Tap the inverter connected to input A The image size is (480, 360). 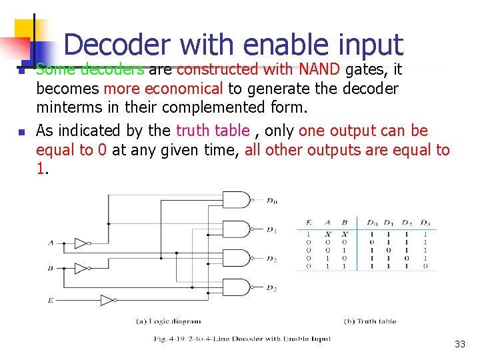(81, 243)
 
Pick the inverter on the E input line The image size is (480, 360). (107, 300)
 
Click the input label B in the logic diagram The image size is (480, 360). (51, 268)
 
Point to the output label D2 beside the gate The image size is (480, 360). (271, 259)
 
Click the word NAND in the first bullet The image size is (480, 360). (319, 69)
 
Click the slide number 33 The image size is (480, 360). (459, 344)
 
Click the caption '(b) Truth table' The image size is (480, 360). (370, 321)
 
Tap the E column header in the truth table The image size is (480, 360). (309, 222)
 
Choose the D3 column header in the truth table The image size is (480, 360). (425, 222)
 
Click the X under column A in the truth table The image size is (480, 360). (327, 234)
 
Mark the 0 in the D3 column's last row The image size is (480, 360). (425, 265)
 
